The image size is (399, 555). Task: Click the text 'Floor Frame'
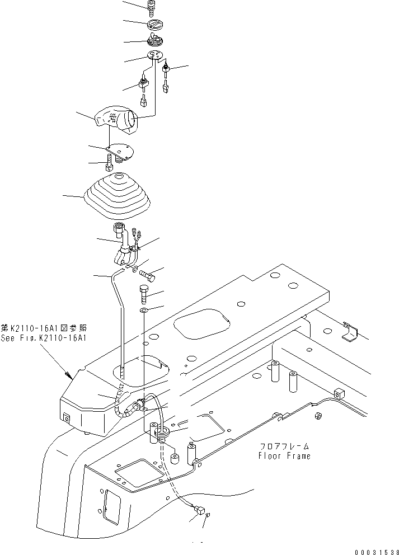tap(284, 456)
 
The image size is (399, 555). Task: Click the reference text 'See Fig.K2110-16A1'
tap(44, 338)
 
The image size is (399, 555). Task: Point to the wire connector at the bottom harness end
tap(198, 510)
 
